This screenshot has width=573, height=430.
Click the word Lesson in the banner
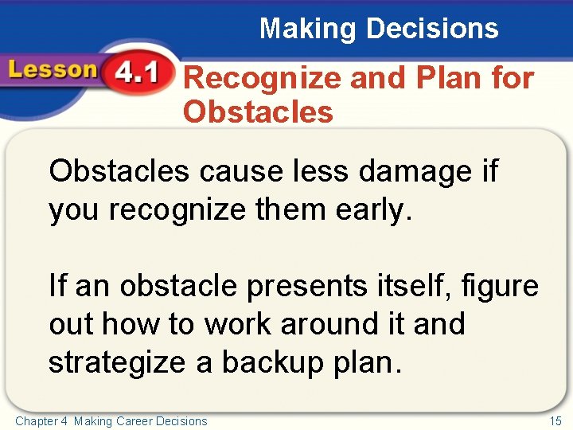coord(49,70)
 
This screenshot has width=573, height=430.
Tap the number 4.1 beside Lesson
coord(135,74)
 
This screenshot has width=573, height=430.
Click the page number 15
coord(555,421)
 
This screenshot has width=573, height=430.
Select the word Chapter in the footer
coord(34,421)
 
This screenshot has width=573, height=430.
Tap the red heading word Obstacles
coord(258,111)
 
